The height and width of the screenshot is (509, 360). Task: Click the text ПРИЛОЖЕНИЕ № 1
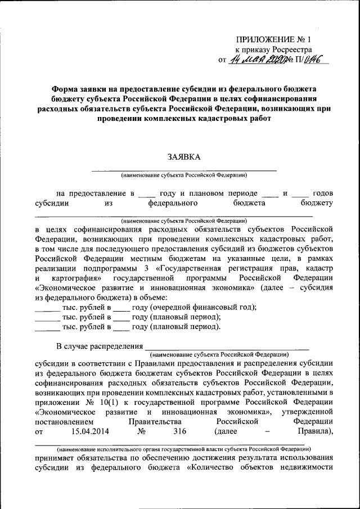click(272, 39)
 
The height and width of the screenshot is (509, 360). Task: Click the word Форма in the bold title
click(65, 89)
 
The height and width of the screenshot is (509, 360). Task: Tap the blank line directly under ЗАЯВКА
click(184, 169)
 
